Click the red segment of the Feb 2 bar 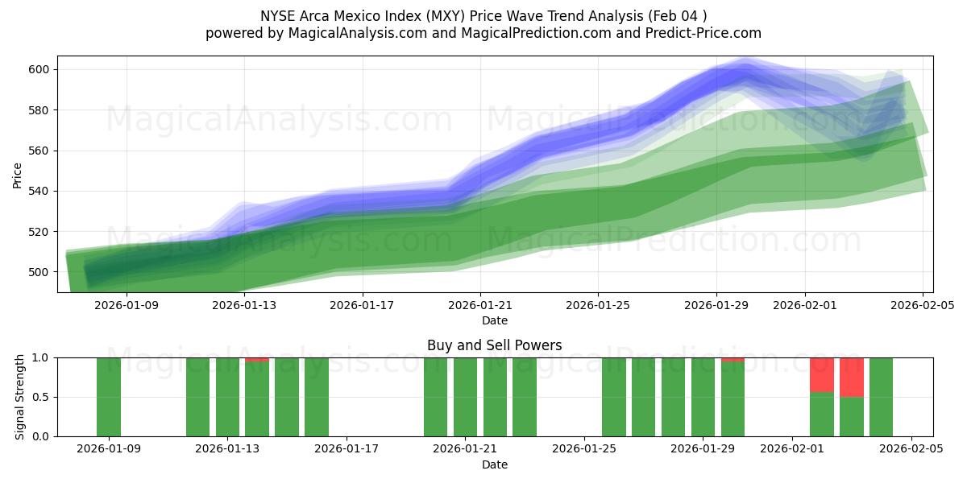821,374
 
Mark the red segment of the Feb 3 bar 851,377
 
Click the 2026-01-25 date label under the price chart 598,305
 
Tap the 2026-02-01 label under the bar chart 792,449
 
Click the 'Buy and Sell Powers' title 494,345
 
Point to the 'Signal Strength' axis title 20,397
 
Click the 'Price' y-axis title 18,175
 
